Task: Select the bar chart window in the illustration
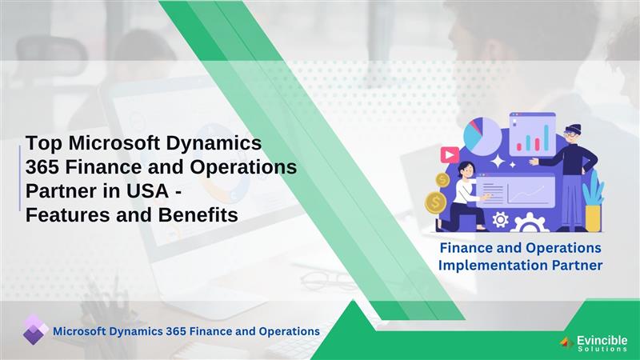click(533, 135)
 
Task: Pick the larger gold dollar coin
click(438, 202)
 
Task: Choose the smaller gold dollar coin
click(442, 179)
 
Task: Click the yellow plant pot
click(593, 218)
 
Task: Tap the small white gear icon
click(501, 218)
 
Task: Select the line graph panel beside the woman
click(520, 192)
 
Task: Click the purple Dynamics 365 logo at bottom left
click(34, 330)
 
